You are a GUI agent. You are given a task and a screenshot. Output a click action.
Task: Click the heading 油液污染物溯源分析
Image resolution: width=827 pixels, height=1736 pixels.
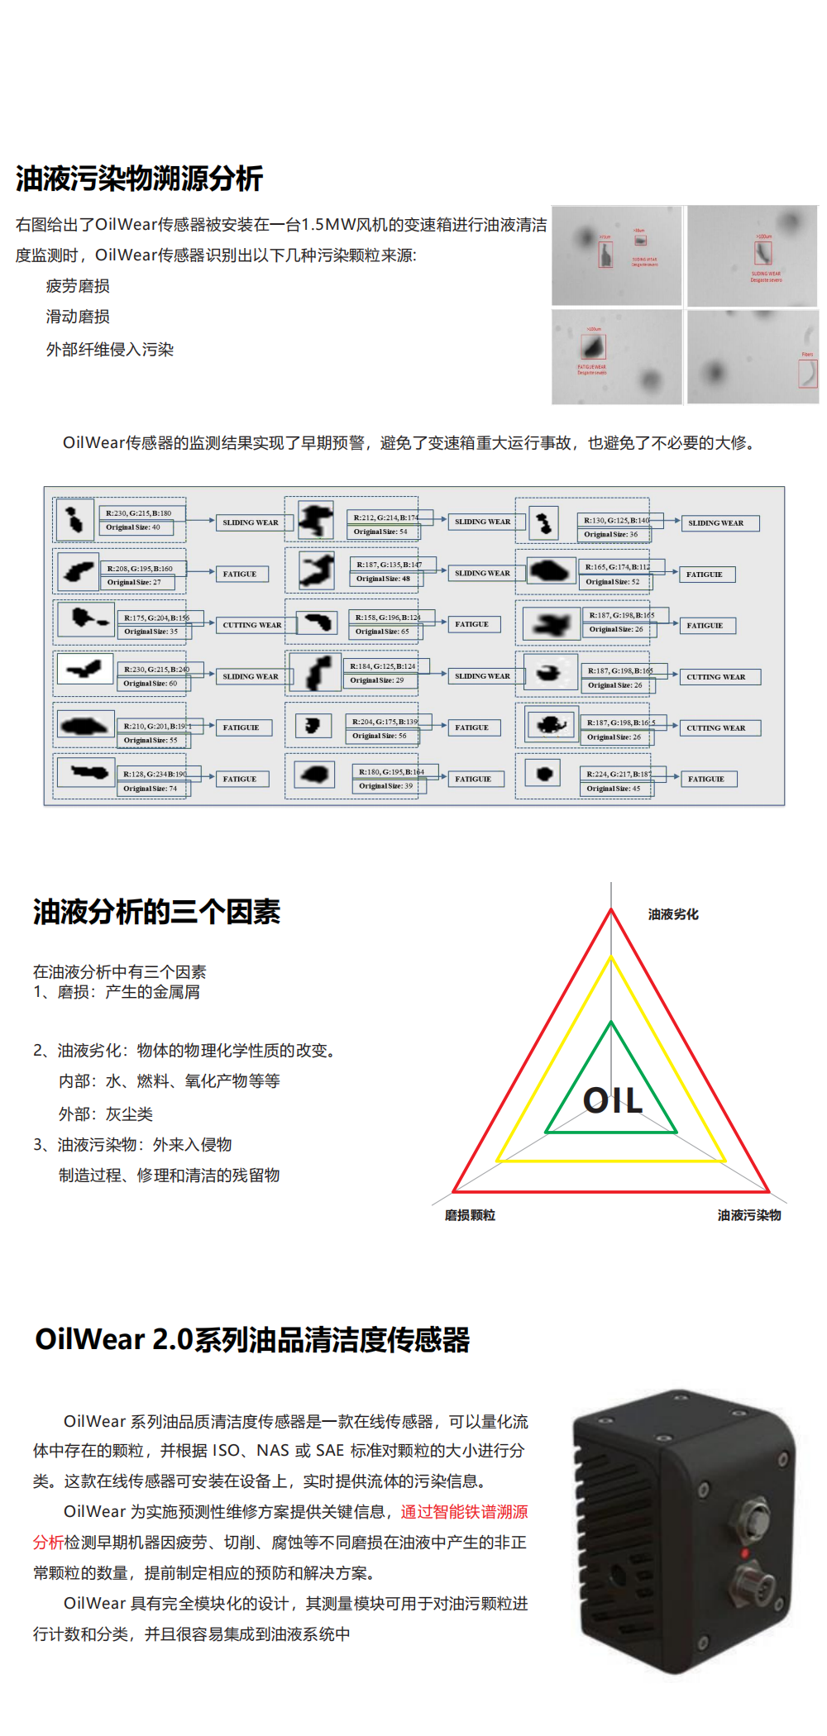pos(139,179)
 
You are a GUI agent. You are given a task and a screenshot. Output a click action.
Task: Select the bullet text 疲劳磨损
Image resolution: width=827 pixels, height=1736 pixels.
pos(78,286)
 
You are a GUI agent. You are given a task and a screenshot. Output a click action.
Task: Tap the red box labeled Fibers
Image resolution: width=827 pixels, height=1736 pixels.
pos(807,373)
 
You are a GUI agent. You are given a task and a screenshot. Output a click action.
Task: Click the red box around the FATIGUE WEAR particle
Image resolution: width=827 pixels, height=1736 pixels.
pos(593,346)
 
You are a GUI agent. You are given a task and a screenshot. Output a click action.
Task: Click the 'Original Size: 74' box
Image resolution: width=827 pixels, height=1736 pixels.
pos(151,789)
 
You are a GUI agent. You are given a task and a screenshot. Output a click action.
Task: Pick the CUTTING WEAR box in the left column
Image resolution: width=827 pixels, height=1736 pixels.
pos(251,625)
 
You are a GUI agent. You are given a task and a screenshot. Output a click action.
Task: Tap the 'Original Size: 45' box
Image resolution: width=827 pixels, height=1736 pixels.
pos(614,789)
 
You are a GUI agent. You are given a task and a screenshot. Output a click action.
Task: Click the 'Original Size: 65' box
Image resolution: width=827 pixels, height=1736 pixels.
pos(383,632)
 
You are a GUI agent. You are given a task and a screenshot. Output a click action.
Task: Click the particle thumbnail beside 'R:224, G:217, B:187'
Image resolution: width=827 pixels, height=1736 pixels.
pos(543,774)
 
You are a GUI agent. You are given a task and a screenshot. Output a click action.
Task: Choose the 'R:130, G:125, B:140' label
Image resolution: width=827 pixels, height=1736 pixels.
pos(616,520)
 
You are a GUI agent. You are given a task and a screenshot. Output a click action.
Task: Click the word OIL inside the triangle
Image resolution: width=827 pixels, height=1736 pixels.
pos(612,1100)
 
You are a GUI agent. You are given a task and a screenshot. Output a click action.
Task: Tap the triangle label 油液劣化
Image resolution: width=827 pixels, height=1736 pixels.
pos(673,914)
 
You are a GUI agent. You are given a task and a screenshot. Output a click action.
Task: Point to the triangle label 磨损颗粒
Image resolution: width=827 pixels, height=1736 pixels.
pos(470,1215)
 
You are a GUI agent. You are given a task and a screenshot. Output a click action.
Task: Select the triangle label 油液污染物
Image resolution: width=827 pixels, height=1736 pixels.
pos(748,1215)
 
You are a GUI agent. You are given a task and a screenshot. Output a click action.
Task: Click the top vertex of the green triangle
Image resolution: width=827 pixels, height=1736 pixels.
pos(611,1023)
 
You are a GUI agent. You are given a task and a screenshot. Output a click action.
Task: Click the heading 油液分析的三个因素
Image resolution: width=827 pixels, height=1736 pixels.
pos(156,912)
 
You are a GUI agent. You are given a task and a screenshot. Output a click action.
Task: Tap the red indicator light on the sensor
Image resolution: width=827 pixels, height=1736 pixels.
pos(744,1554)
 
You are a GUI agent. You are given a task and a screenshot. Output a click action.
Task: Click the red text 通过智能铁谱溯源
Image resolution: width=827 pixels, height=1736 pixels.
pos(464,1512)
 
